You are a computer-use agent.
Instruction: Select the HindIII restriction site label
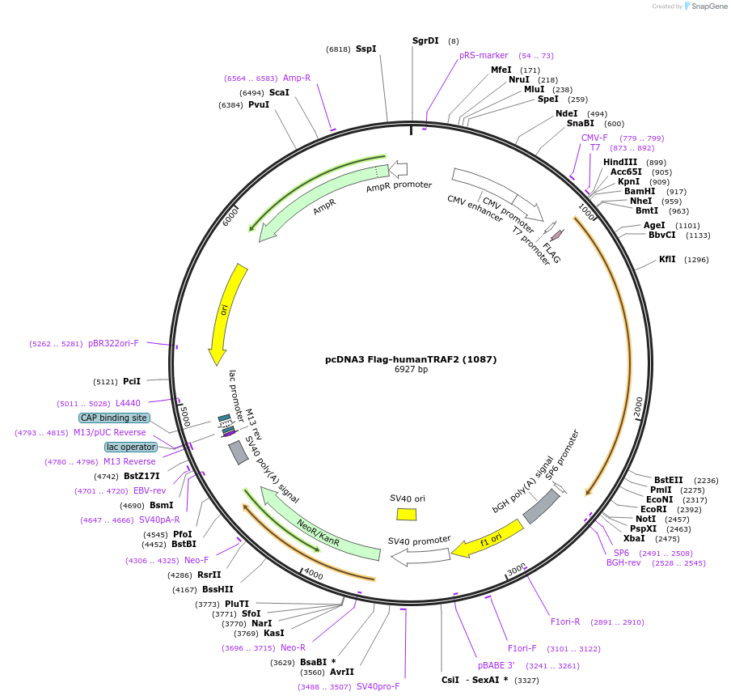620,162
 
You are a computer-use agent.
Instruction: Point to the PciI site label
132,381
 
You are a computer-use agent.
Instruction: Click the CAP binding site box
114,418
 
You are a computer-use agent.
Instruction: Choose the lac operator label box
130,447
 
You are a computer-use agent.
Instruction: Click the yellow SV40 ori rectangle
407,514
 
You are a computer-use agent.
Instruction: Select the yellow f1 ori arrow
487,539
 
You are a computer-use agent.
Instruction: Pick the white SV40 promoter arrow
420,555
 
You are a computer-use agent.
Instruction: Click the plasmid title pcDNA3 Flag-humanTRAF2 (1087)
411,359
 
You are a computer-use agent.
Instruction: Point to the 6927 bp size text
411,370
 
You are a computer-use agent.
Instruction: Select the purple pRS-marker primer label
484,56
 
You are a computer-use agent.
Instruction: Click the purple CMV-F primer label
594,138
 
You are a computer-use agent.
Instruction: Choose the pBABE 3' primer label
496,666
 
